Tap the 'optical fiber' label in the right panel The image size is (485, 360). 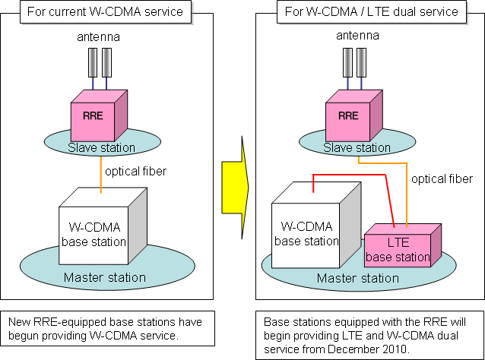[442, 179]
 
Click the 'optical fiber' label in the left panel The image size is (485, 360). [135, 171]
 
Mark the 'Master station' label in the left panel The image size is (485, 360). [104, 277]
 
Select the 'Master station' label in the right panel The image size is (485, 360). [357, 278]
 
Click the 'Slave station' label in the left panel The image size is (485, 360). [101, 147]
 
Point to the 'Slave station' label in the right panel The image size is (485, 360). [357, 147]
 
